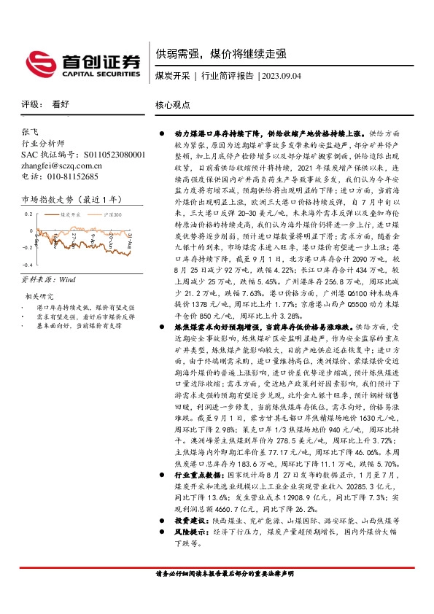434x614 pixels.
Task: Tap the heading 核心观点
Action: (172, 104)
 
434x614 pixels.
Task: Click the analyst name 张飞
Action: (30, 133)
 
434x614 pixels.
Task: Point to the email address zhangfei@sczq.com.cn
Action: (62, 166)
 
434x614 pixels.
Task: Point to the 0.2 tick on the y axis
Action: (28, 214)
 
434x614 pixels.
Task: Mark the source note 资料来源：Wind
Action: (49, 279)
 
